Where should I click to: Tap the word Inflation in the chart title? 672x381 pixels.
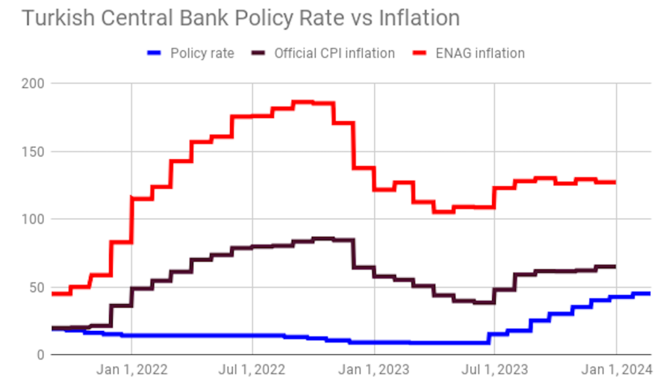tap(418, 18)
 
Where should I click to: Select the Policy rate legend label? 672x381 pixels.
tap(202, 53)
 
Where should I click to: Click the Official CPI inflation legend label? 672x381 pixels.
tap(334, 53)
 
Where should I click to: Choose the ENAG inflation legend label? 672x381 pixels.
tap(479, 53)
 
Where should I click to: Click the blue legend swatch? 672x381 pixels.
tap(155, 53)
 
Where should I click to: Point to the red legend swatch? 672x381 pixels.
tap(419, 53)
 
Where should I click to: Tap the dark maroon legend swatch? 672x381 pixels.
tap(258, 53)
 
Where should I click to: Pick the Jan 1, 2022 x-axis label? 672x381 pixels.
tap(132, 369)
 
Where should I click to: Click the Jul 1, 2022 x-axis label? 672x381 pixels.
tap(252, 369)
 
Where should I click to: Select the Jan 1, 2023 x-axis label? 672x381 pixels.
tap(374, 369)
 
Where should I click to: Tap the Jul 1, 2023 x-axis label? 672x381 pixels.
tap(494, 369)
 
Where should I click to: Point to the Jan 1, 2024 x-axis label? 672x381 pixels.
tap(616, 369)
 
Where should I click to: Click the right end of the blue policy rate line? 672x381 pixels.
tap(649, 294)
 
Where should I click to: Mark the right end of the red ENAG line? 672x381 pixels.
tap(615, 182)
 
